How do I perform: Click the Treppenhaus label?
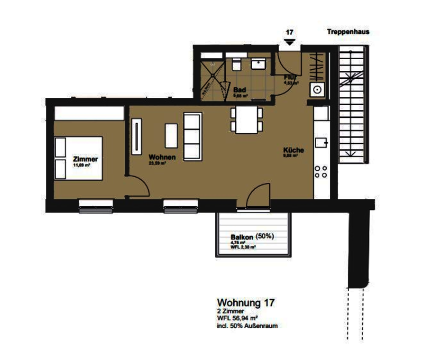coord(347,32)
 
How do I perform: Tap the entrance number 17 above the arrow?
coord(289,32)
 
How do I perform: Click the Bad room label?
coord(240,90)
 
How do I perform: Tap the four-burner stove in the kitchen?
coord(320,172)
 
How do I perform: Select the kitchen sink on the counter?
coord(321,142)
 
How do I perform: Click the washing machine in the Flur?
coord(317,90)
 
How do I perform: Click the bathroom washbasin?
coord(259,63)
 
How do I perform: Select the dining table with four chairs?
coord(246,120)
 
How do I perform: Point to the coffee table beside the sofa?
coord(171,135)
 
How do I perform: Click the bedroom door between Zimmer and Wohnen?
coord(139,188)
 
